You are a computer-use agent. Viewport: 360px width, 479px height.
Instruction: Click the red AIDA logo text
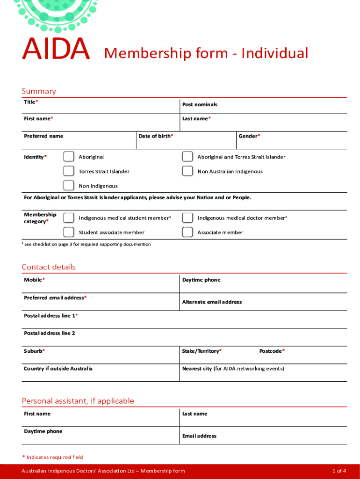pyautogui.click(x=56, y=49)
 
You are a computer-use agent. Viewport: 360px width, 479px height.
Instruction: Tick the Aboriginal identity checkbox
pyautogui.click(x=69, y=156)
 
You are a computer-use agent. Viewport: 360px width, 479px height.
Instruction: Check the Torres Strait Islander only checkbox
pyautogui.click(x=69, y=171)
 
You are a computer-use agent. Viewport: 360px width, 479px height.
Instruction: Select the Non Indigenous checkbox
pyautogui.click(x=69, y=185)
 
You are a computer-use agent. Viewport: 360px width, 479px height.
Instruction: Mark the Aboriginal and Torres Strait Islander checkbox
pyautogui.click(x=187, y=156)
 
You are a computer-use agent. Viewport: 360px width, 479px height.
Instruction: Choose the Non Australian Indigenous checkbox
pyautogui.click(x=187, y=171)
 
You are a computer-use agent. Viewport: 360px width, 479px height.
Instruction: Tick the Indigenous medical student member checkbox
pyautogui.click(x=69, y=218)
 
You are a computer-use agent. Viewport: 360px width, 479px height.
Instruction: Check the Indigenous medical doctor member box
pyautogui.click(x=187, y=218)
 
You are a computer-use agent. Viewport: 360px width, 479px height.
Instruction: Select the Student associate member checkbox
pyautogui.click(x=69, y=232)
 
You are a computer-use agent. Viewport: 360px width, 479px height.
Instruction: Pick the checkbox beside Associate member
pyautogui.click(x=187, y=232)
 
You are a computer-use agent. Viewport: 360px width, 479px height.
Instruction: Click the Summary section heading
pyautogui.click(x=39, y=91)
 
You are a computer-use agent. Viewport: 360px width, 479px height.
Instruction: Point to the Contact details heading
pyautogui.click(x=49, y=267)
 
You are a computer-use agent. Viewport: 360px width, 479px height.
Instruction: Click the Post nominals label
pyautogui.click(x=200, y=104)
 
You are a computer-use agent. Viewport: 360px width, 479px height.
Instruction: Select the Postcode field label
pyautogui.click(x=272, y=351)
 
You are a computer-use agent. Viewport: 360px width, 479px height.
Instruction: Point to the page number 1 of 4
pyautogui.click(x=339, y=471)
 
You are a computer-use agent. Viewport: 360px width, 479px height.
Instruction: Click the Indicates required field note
pyautogui.click(x=53, y=457)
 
